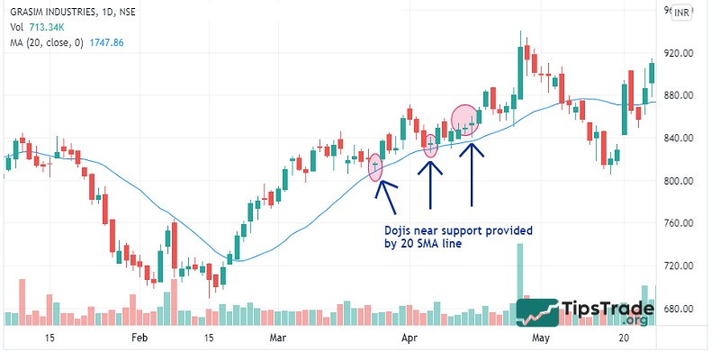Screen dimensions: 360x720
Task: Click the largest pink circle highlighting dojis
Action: point(464,121)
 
